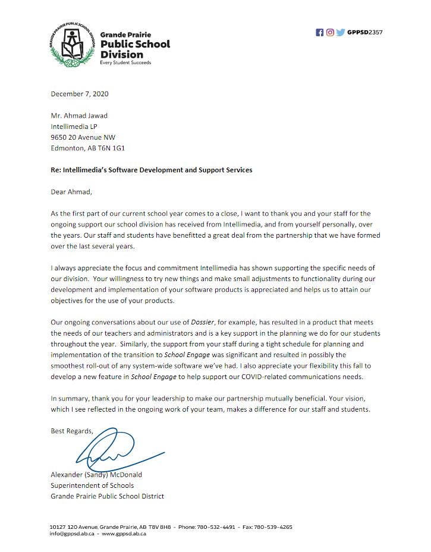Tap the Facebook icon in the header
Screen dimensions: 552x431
click(x=319, y=33)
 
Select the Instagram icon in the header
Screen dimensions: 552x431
click(x=329, y=33)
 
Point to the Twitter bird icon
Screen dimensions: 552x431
click(x=340, y=33)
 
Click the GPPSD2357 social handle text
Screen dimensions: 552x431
click(x=364, y=33)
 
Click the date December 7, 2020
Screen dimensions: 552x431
click(x=80, y=94)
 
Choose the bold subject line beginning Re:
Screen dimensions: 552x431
click(x=152, y=170)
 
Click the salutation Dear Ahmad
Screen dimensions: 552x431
click(x=72, y=191)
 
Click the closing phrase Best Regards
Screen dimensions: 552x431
click(x=72, y=431)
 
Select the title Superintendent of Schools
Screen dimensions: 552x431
click(x=92, y=485)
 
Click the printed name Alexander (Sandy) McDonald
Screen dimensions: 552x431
click(x=96, y=475)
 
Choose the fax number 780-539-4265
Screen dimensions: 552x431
click(x=276, y=527)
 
